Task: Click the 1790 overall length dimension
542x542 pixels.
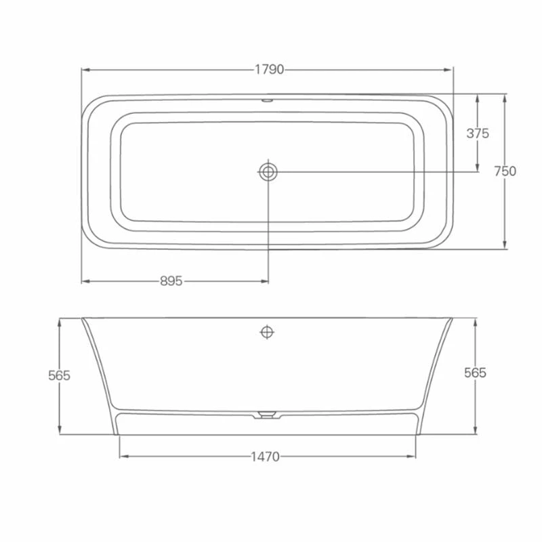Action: click(x=269, y=70)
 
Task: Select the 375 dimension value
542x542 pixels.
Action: click(x=478, y=133)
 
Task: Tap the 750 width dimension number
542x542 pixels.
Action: click(x=505, y=171)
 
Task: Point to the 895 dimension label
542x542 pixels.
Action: click(x=171, y=281)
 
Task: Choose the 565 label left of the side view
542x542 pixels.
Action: click(x=60, y=375)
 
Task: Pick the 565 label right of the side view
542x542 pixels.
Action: click(x=475, y=373)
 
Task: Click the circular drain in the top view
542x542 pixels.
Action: click(x=268, y=171)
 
